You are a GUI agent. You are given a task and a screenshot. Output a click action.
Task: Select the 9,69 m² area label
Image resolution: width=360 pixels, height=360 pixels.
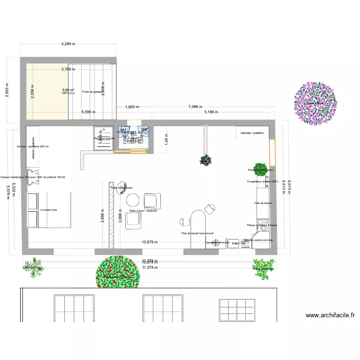[68, 90]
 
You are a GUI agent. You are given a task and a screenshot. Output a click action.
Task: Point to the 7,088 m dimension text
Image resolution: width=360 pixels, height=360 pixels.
[195, 107]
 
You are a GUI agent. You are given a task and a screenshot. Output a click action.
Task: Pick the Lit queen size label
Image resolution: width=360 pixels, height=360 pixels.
[48, 210]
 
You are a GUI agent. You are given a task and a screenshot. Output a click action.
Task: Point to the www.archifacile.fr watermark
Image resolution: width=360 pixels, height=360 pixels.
[330, 315]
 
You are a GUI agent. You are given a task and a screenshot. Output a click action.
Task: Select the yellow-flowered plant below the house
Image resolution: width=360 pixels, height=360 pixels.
[262, 267]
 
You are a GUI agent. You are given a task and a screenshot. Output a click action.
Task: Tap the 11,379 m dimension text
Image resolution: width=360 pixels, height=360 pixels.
[150, 267]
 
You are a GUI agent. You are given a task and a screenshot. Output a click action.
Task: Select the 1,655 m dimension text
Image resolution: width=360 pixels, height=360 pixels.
[132, 108]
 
